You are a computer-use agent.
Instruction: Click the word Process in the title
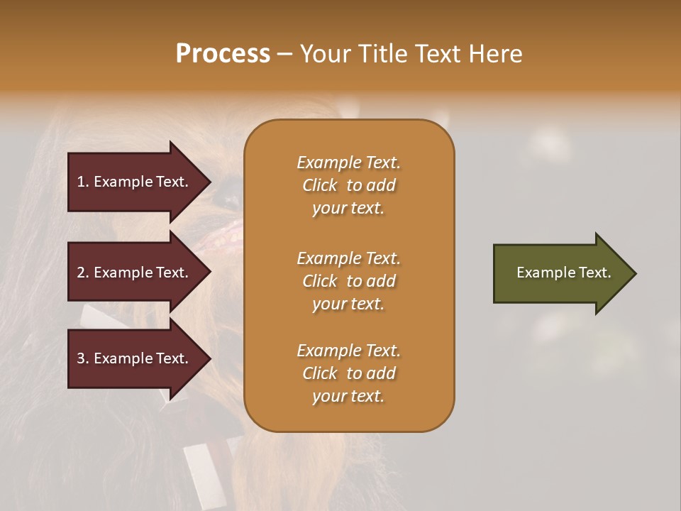(x=223, y=54)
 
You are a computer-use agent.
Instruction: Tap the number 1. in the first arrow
(x=83, y=182)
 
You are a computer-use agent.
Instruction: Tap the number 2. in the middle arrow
(x=83, y=273)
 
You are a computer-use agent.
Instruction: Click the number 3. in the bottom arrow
(x=83, y=358)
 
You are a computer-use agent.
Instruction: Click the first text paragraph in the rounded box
(x=348, y=185)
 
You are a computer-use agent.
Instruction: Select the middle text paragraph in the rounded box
(x=348, y=281)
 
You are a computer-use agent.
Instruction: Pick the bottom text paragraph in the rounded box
(x=348, y=373)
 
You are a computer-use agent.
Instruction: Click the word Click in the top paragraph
(x=320, y=185)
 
